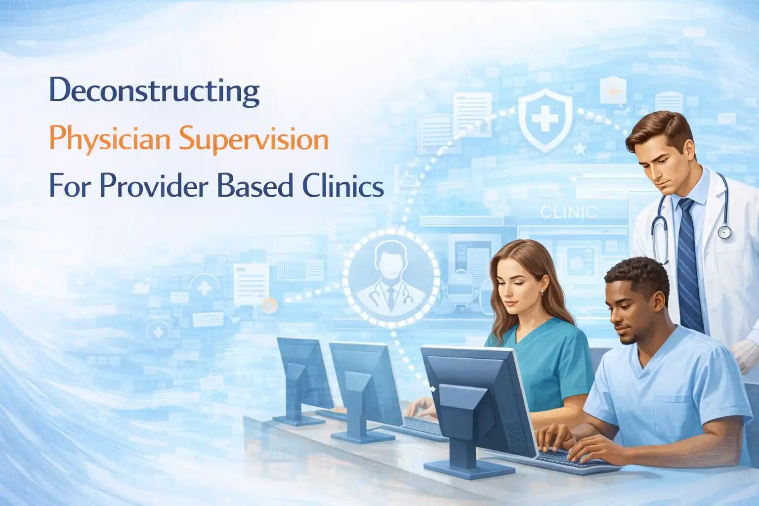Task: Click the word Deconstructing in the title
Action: pyautogui.click(x=155, y=91)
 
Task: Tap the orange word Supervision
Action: pyautogui.click(x=254, y=140)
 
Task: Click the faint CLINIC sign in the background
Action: pyautogui.click(x=568, y=212)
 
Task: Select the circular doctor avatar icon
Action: pyautogui.click(x=391, y=278)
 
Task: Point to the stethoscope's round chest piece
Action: pyautogui.click(x=724, y=232)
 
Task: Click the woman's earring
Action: pyautogui.click(x=542, y=292)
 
